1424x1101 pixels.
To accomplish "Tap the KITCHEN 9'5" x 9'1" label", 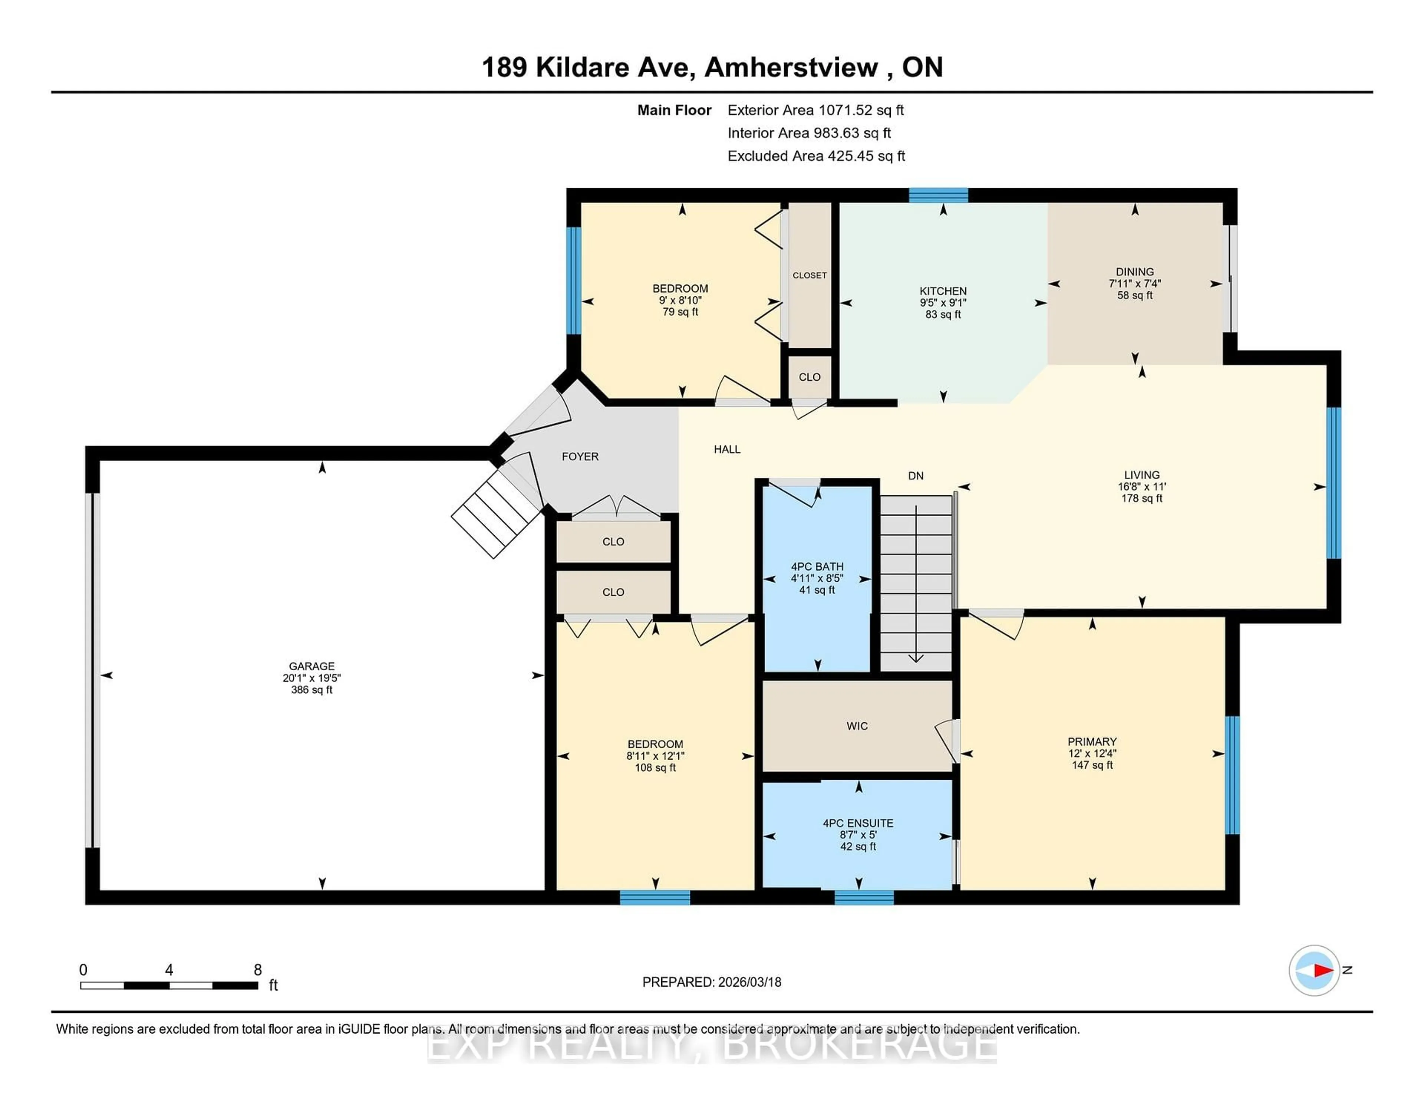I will [x=943, y=302].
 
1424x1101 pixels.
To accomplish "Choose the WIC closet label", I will [x=857, y=726].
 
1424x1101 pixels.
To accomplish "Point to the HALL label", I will [x=727, y=449].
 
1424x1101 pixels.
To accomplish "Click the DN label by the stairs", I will [x=916, y=476].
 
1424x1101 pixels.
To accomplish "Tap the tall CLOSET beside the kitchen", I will [x=809, y=275].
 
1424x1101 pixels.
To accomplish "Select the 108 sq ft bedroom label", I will [x=655, y=755].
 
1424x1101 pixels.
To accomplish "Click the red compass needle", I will [x=1323, y=970].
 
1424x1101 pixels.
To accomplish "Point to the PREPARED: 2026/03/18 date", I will [x=711, y=982].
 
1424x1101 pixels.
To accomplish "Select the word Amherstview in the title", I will [x=791, y=67].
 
